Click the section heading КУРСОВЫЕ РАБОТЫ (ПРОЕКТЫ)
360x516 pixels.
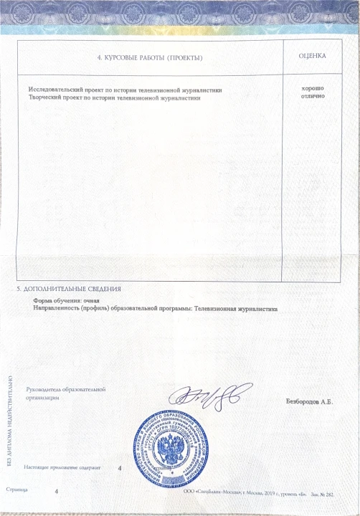149,57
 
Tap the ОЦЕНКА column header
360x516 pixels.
312,55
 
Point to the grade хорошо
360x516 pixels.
313,87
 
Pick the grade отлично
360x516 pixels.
313,95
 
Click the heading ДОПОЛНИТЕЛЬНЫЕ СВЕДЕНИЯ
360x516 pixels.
72,288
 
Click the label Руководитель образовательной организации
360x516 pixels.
65,393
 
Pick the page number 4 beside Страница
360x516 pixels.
56,492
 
